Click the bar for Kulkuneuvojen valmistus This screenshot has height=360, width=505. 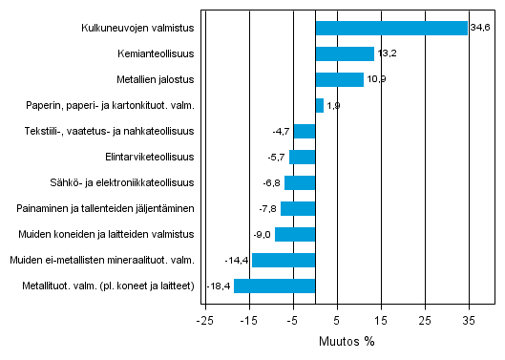tap(391, 29)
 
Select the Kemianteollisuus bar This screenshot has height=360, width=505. tap(345, 54)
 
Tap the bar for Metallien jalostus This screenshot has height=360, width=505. tap(339, 80)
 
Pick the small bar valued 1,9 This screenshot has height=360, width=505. tap(319, 106)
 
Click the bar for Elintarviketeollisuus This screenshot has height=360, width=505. tap(303, 158)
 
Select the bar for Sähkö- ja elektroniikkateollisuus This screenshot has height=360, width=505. tap(300, 183)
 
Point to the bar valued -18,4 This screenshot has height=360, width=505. tap(275, 286)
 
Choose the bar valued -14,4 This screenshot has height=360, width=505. tap(284, 260)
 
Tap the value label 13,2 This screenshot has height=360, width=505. tap(386, 54)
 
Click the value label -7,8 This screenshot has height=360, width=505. tap(268, 208)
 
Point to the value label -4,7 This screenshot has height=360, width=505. tap(282, 132)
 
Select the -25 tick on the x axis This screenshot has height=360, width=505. tap(203, 320)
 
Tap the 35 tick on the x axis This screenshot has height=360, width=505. tap(469, 320)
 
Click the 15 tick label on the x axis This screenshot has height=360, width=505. tap(380, 320)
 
